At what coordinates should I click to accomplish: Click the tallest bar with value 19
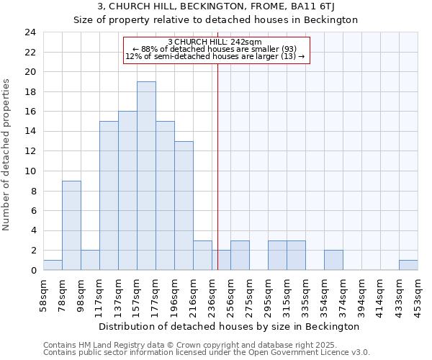point(146,176)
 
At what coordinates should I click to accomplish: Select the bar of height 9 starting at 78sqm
point(71,225)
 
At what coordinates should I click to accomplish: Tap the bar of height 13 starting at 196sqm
point(184,205)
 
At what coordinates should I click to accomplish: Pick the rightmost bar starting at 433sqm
point(408,265)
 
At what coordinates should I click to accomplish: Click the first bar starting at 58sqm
point(53,265)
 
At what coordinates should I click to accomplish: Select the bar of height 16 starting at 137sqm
point(127,191)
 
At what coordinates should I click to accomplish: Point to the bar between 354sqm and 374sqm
point(333,260)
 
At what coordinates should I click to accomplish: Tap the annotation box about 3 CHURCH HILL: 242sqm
point(216,49)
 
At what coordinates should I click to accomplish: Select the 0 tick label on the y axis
point(33,270)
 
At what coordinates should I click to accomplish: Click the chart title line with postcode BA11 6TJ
point(216,7)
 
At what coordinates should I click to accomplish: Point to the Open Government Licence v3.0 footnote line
point(207,353)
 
